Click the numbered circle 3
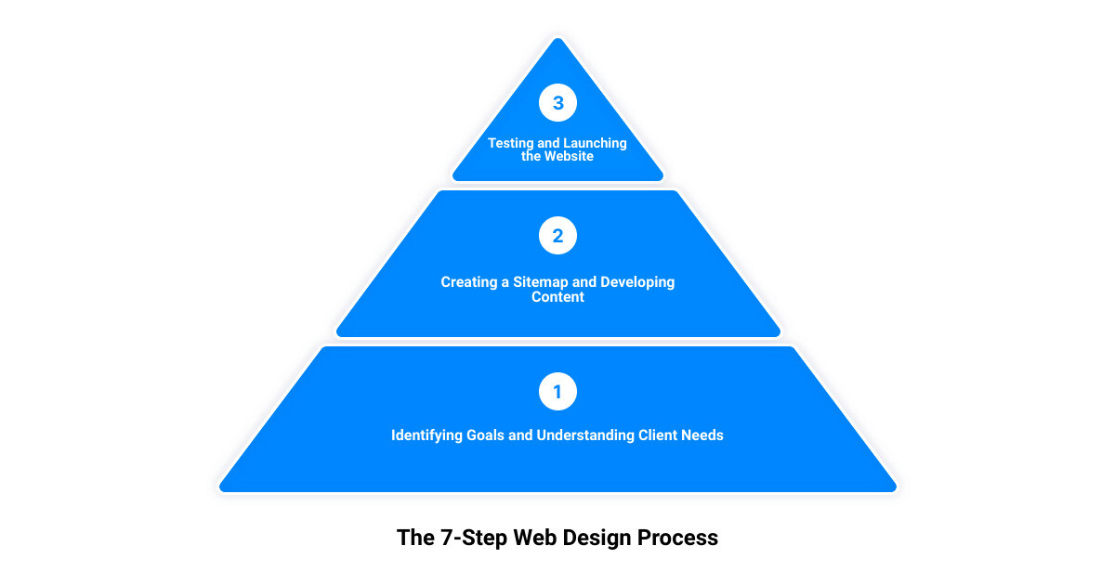point(557,103)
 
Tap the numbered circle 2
point(557,236)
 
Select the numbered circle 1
point(557,392)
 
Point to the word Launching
point(597,143)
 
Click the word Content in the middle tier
point(557,297)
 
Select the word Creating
point(469,281)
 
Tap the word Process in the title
point(677,538)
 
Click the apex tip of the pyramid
point(557,39)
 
